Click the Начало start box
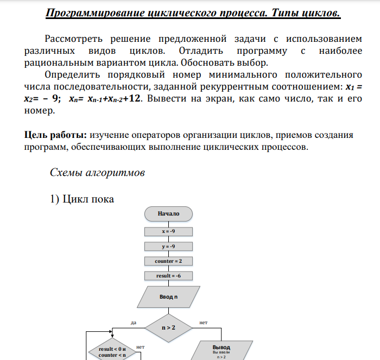[168, 213]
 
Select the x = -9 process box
[168, 231]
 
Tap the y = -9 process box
[168, 246]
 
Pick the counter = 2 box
[168, 261]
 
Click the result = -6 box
[168, 276]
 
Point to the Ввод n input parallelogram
[168, 297]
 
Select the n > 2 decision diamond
[168, 327]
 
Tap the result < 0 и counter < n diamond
[112, 351]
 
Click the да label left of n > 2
[134, 323]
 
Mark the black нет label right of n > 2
[204, 323]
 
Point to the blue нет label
[140, 346]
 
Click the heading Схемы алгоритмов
[97, 173]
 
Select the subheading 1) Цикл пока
[82, 199]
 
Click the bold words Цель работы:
[56, 135]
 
